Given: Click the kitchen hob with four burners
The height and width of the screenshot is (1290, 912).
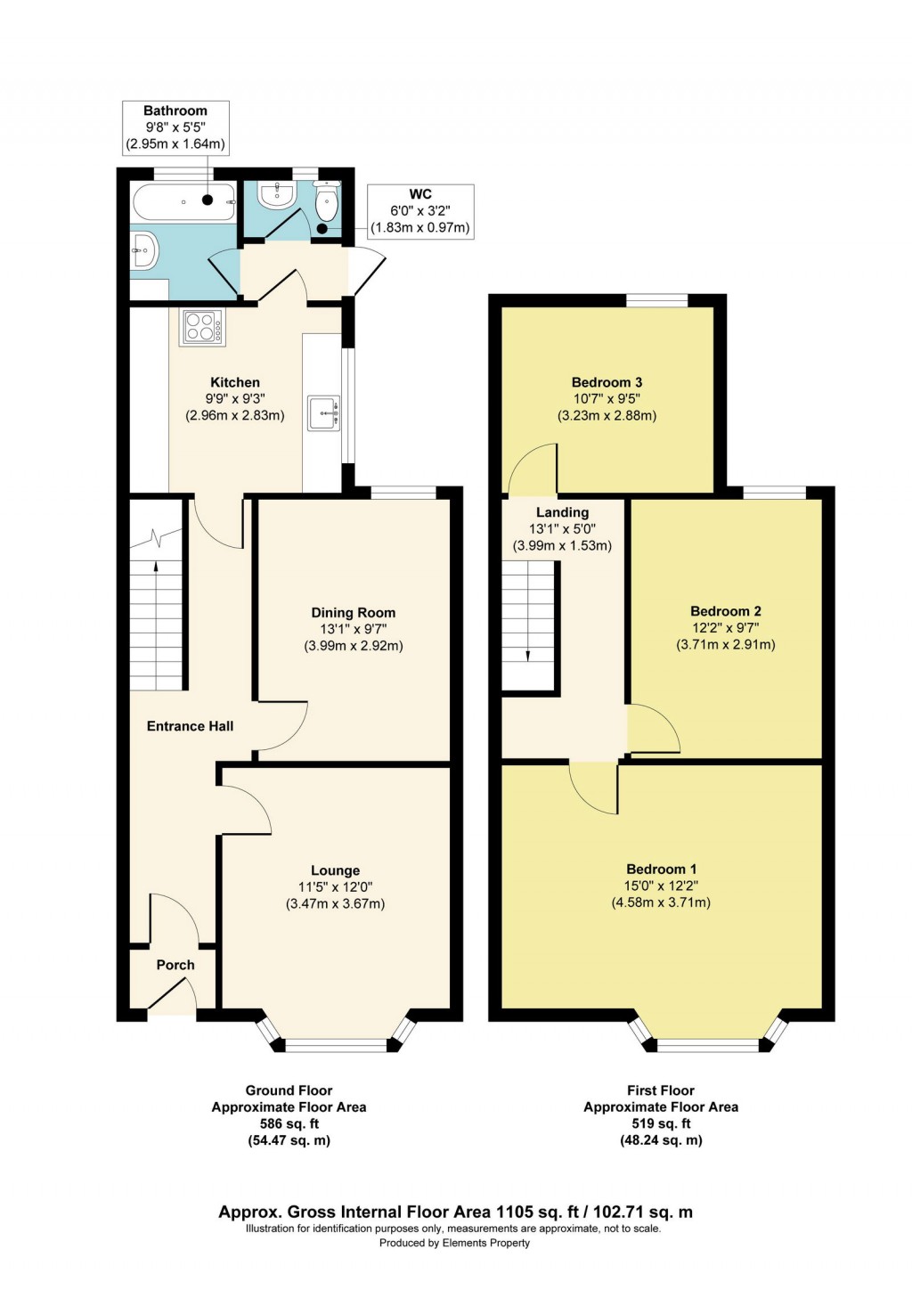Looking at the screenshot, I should (x=202, y=327).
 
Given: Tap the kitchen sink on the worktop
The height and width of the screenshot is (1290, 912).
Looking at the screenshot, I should (x=323, y=413).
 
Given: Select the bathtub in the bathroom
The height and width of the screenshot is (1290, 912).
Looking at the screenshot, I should (x=184, y=202).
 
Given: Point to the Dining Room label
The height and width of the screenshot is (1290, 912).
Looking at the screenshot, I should (x=353, y=613).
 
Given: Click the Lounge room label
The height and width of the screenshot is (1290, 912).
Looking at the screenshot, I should (x=335, y=870).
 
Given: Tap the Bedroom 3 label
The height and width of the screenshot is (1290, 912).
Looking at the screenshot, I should (x=607, y=382).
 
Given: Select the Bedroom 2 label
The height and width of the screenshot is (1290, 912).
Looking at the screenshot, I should (x=725, y=611).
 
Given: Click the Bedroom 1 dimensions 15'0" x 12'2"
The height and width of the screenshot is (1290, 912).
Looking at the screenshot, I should (x=661, y=886).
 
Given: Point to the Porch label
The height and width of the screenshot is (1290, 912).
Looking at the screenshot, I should (x=175, y=965).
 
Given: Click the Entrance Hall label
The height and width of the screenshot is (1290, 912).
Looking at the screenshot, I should (x=190, y=726).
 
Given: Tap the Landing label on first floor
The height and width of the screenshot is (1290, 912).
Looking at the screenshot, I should (x=562, y=512).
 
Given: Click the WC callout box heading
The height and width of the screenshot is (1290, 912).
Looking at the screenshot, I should (x=420, y=194).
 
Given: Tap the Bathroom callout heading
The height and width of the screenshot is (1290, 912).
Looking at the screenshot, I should (x=175, y=110).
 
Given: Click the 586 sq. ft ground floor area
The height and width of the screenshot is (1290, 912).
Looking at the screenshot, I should (x=289, y=1124).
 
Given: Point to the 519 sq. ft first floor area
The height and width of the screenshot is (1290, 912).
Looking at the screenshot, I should (x=661, y=1124).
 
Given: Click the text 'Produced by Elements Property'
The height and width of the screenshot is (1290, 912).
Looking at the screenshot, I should (x=454, y=1243).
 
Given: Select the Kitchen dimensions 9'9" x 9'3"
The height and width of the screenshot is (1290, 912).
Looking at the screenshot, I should (x=235, y=399).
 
